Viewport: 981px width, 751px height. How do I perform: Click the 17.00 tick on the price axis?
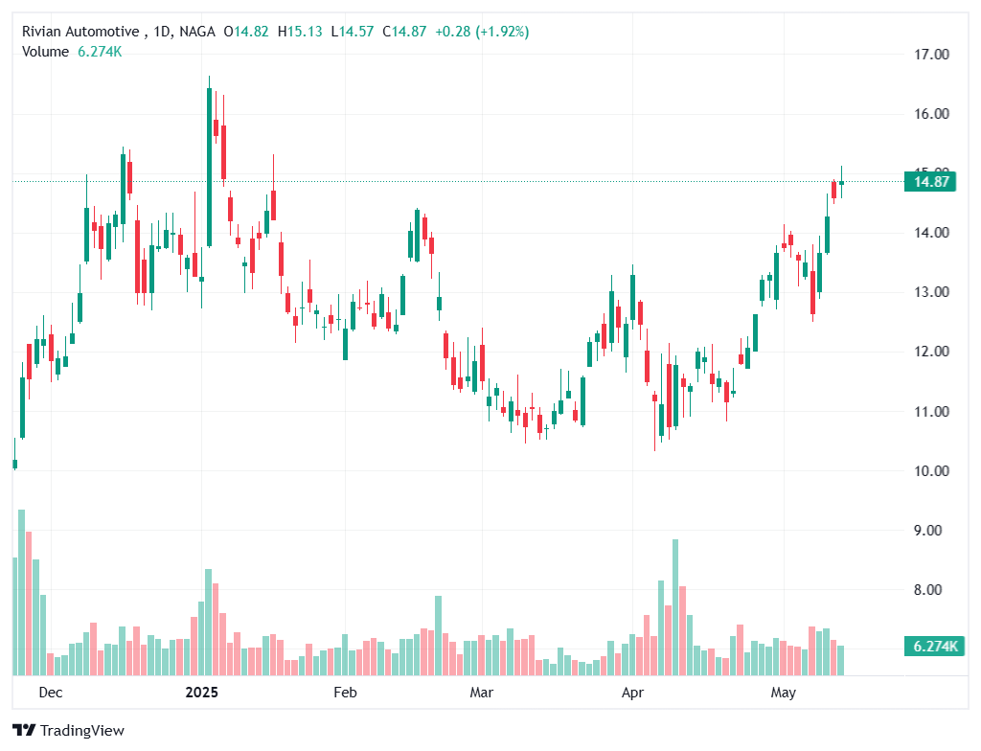click(931, 55)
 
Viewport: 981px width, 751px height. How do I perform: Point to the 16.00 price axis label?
click(931, 114)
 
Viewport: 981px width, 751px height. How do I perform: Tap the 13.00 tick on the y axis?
click(931, 292)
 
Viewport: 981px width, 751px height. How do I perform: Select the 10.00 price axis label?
click(931, 471)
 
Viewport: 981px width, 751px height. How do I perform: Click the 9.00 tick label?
click(931, 531)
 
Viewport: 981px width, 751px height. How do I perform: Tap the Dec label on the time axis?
click(51, 692)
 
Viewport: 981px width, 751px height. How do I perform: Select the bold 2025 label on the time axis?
click(202, 692)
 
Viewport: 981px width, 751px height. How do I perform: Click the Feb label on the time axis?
click(344, 692)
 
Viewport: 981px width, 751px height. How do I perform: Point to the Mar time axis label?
click(483, 692)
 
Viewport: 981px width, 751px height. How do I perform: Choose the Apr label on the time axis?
click(631, 692)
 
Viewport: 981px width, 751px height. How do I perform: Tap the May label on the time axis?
click(784, 692)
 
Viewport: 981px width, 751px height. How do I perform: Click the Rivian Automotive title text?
click(80, 32)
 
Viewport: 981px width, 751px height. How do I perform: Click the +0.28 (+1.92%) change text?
click(482, 32)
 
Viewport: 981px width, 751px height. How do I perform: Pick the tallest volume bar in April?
click(675, 607)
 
